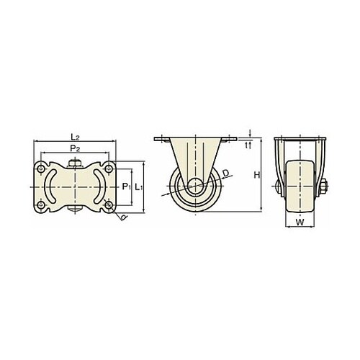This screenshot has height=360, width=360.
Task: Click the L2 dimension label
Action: [75, 138]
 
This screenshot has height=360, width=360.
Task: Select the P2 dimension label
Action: [75, 148]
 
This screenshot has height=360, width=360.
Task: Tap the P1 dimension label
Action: [126, 186]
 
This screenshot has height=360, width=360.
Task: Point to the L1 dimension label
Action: [138, 186]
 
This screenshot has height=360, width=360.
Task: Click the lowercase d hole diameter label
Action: [124, 217]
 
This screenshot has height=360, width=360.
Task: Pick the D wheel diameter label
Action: [225, 173]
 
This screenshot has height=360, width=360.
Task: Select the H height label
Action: [257, 176]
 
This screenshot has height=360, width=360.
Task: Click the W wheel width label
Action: [300, 222]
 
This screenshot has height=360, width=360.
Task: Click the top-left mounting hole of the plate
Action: [41, 168]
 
